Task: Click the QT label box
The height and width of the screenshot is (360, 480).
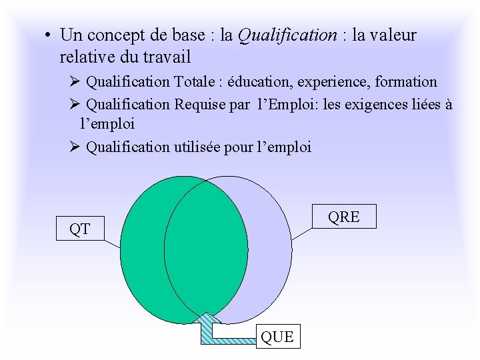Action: click(80, 229)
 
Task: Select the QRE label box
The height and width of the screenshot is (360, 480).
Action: click(344, 216)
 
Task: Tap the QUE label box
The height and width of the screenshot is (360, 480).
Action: click(277, 337)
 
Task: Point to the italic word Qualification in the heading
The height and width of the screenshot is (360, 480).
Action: click(287, 35)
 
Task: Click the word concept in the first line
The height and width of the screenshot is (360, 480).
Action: click(113, 35)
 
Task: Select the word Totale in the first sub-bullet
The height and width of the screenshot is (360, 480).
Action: click(195, 82)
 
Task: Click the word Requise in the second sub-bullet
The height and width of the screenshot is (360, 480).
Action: click(200, 104)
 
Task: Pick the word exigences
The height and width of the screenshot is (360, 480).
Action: click(376, 104)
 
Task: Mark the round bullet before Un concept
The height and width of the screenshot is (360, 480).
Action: click(49, 35)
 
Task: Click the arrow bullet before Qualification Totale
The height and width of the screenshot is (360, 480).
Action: click(75, 82)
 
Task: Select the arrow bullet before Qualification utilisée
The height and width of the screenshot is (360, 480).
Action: click(75, 147)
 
